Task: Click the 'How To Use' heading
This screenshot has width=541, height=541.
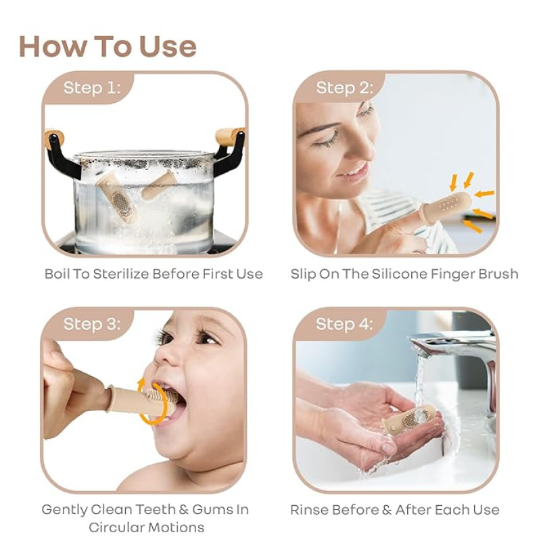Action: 108,46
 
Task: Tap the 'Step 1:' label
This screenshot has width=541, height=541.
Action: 92,88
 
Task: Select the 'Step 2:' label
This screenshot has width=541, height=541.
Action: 344,88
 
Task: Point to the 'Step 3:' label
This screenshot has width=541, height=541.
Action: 92,324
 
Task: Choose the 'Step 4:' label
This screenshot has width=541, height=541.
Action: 344,324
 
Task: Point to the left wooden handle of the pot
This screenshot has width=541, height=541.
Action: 55,137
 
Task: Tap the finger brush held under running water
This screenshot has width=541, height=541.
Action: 409,419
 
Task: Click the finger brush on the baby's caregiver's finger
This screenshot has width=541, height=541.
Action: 141,400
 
